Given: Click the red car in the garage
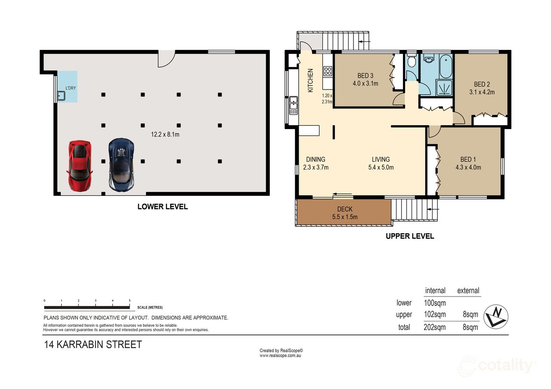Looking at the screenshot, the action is click(x=80, y=166).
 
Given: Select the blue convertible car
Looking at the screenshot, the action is click(x=121, y=165).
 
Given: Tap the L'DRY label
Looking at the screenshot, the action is click(x=71, y=88).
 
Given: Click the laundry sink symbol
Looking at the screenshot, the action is click(x=61, y=96).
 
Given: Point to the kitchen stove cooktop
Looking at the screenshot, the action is click(x=328, y=71).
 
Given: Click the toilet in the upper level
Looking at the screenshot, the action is click(x=411, y=60).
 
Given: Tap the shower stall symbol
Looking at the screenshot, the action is click(x=444, y=87).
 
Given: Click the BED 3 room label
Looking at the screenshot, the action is click(x=365, y=75).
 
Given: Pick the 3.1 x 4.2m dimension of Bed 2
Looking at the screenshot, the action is click(x=482, y=92).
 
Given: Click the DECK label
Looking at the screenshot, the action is click(x=345, y=209).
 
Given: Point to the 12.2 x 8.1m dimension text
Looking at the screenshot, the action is click(x=165, y=135).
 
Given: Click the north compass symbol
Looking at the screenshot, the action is click(x=495, y=317).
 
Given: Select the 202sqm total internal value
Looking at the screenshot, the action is click(x=435, y=327).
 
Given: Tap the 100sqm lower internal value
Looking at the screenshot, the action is click(x=435, y=303).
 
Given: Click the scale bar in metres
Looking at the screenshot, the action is click(x=87, y=307).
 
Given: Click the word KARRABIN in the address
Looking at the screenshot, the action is click(x=80, y=345).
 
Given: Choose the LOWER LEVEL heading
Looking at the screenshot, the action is click(x=163, y=207).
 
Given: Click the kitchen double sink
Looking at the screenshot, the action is click(x=294, y=105).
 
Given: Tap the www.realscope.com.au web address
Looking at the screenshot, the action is click(x=280, y=355).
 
